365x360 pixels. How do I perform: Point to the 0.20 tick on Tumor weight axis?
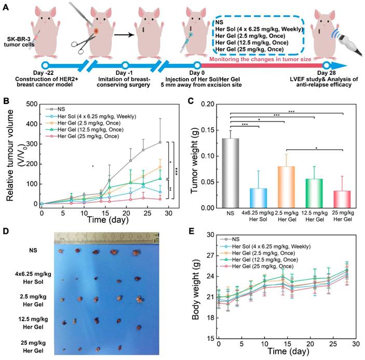pos(208,104)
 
